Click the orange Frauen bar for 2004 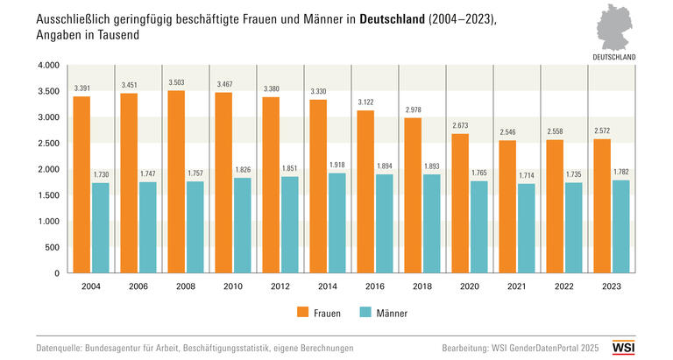pyautogui.click(x=81, y=184)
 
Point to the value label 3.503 pyautogui.click(x=176, y=83)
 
